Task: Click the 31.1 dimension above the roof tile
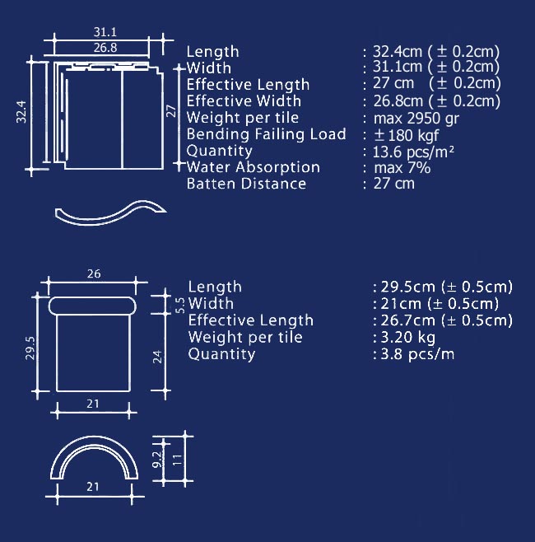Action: (105, 32)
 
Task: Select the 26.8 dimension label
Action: (105, 48)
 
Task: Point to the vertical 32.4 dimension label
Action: (21, 112)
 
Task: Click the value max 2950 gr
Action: (416, 119)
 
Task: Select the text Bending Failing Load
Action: (266, 134)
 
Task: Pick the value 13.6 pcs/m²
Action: (413, 152)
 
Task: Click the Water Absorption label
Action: (254, 167)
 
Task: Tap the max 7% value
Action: (402, 168)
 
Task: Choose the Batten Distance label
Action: (246, 184)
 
